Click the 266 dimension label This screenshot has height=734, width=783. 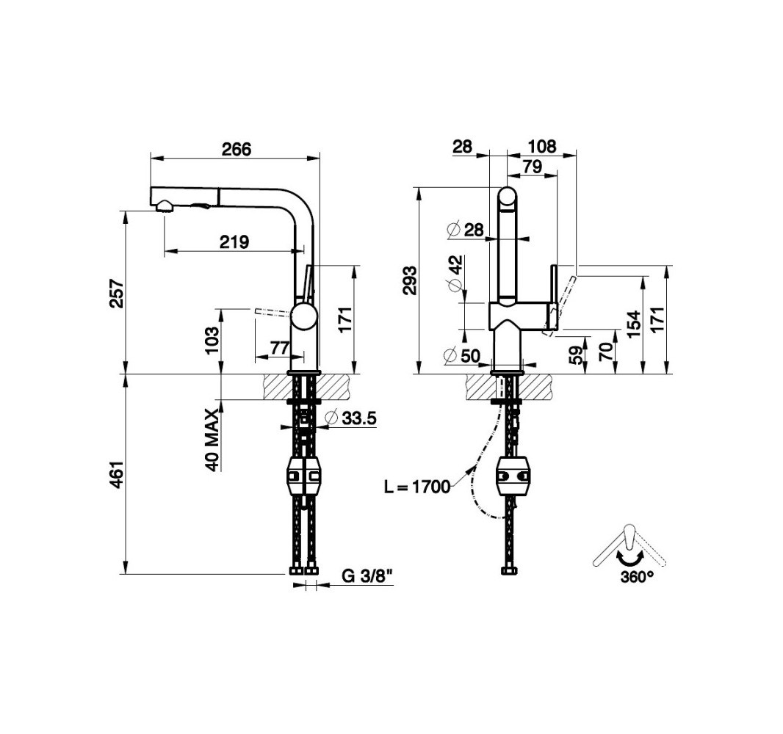click(237, 149)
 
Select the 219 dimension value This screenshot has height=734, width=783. click(234, 241)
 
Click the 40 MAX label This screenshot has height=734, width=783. click(212, 440)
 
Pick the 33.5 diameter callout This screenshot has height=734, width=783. click(351, 418)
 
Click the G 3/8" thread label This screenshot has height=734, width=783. click(367, 576)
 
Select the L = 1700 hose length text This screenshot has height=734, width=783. click(417, 487)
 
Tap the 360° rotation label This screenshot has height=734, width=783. click(637, 578)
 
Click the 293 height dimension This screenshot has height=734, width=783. click(411, 280)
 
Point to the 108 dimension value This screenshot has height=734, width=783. click(542, 146)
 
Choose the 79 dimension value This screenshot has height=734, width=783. click(533, 166)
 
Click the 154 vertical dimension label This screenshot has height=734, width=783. click(634, 324)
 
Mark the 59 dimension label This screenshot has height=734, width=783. click(577, 355)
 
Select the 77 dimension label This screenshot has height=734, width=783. click(280, 347)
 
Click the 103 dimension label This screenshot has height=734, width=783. click(212, 341)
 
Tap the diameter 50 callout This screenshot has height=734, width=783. click(462, 356)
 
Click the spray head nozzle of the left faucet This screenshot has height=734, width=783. click(165, 206)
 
